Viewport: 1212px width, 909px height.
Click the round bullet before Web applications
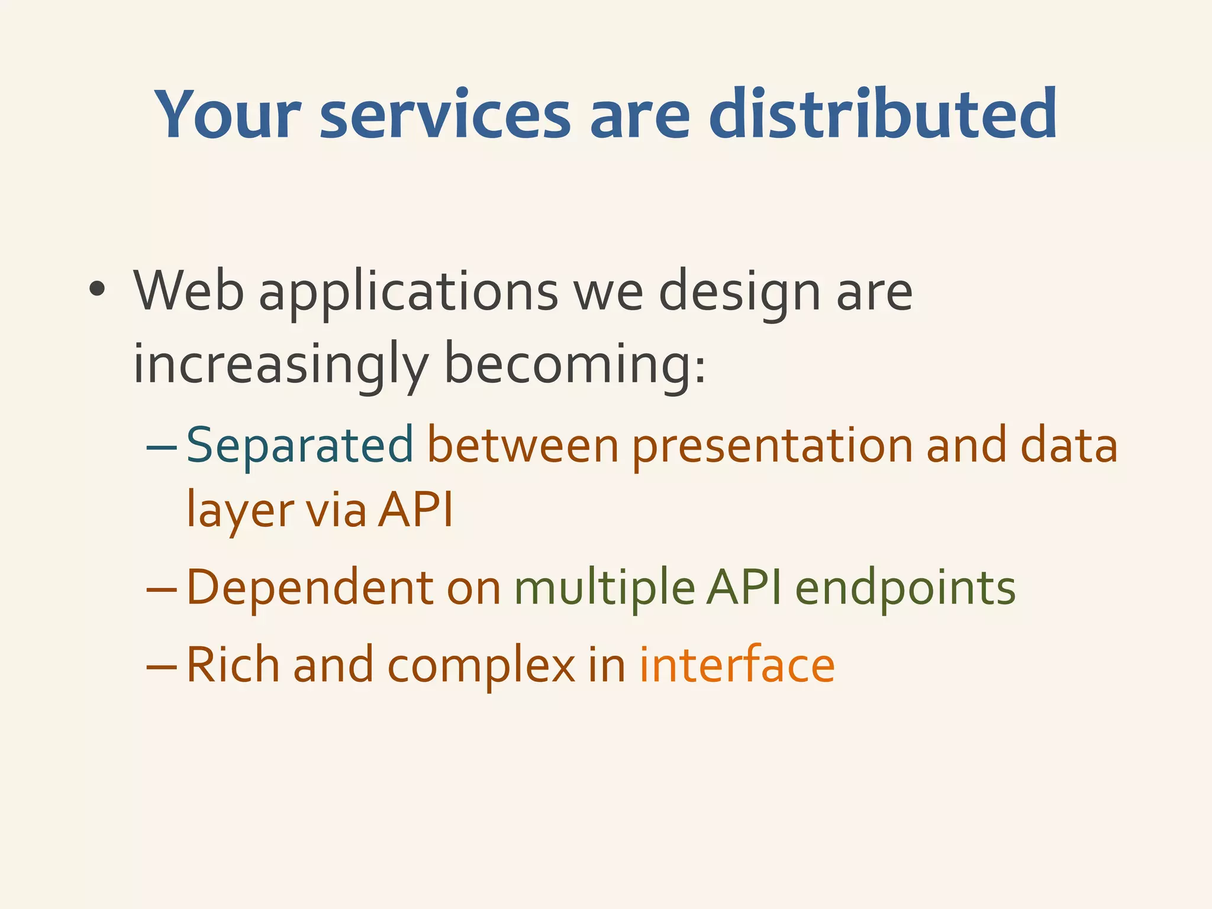[96, 290]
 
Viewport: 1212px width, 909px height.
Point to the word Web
[189, 291]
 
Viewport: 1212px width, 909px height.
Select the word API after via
[415, 509]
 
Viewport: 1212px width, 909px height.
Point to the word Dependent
[310, 587]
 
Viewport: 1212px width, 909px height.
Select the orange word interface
[737, 665]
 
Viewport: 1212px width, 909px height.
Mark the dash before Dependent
[161, 589]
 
